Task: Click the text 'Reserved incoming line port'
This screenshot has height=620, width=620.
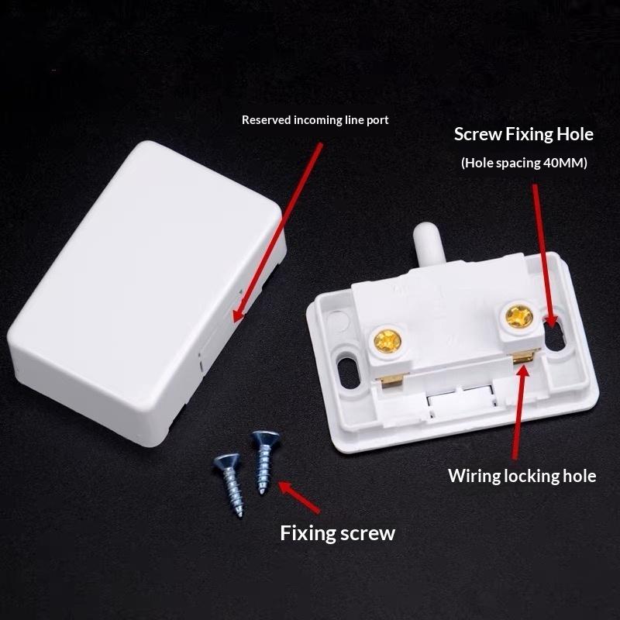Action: coord(315,120)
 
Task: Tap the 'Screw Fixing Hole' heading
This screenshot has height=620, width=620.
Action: coord(524,134)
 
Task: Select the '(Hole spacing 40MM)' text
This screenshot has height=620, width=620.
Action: coord(524,163)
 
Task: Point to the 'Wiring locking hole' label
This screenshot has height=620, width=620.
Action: coord(522,476)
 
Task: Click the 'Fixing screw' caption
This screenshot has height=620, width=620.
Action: coord(337,533)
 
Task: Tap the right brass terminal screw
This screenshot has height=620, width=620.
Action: coord(519,317)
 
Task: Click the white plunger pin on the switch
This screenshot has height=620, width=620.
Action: coord(429,243)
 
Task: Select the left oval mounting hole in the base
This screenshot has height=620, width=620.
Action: coord(348,372)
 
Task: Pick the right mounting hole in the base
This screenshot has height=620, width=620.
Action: coord(556,333)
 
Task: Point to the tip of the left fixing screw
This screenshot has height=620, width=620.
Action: coord(240,515)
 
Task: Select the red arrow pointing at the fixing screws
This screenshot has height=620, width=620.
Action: coord(299,497)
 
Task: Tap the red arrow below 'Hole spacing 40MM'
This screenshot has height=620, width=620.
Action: coord(544,257)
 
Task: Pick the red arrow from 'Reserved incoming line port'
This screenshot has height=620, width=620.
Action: coord(277,232)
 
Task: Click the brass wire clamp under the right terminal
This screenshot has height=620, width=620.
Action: coord(523,357)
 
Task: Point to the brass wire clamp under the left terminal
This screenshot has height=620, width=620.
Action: coord(393,380)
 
